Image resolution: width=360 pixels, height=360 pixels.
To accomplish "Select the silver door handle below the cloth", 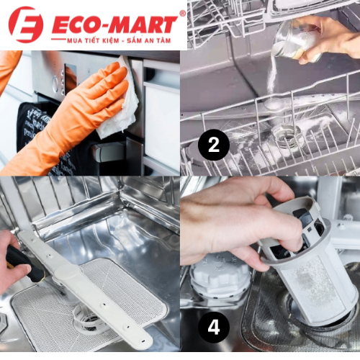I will [x=108, y=153].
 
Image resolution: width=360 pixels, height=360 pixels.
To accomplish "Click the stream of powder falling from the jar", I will [x=271, y=83].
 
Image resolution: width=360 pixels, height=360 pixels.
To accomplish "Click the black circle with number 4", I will [x=213, y=328].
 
